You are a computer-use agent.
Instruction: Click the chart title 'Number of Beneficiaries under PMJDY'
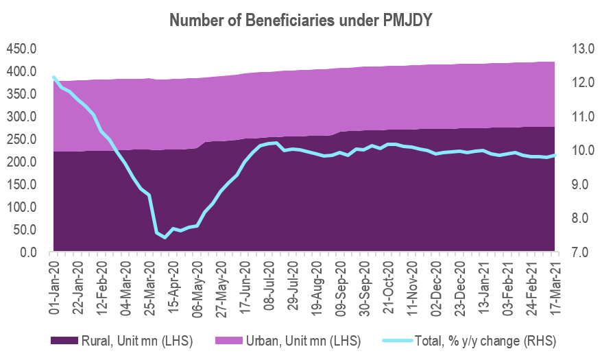click(x=301, y=21)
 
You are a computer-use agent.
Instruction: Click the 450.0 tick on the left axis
click(x=21, y=49)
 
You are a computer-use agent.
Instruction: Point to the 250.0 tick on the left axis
click(x=21, y=139)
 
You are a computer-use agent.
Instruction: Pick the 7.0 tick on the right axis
click(x=573, y=252)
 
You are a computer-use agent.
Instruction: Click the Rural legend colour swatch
click(x=64, y=341)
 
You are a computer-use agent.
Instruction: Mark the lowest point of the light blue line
click(x=165, y=237)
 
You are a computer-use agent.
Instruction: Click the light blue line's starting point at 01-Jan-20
click(x=53, y=77)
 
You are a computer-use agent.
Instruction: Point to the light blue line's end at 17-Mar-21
click(x=555, y=155)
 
